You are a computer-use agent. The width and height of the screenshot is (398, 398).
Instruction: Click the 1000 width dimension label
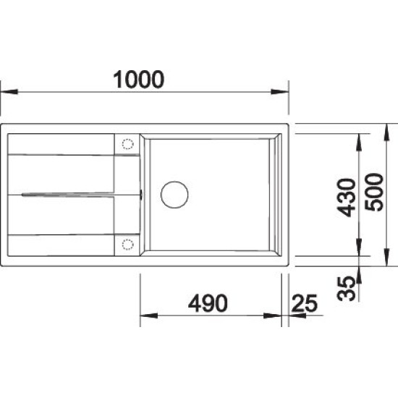(139, 80)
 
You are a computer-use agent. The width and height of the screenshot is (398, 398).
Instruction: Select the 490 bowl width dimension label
(208, 303)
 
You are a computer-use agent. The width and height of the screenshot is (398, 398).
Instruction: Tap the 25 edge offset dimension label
(305, 303)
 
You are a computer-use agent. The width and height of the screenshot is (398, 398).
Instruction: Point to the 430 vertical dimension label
(346, 198)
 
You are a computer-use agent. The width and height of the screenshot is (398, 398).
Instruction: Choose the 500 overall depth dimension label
(373, 192)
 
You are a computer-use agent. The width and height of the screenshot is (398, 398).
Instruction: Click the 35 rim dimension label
(346, 288)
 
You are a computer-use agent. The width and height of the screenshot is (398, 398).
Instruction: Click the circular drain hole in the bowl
(174, 195)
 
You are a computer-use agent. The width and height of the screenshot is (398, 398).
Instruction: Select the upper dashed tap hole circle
(127, 144)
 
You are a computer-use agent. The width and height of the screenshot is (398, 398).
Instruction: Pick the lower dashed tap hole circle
(127, 245)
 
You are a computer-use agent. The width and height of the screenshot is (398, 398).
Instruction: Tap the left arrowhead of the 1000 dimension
(9, 92)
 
